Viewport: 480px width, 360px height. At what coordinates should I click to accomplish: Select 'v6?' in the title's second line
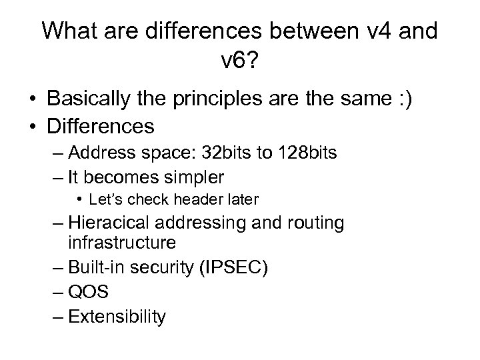click(239, 63)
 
